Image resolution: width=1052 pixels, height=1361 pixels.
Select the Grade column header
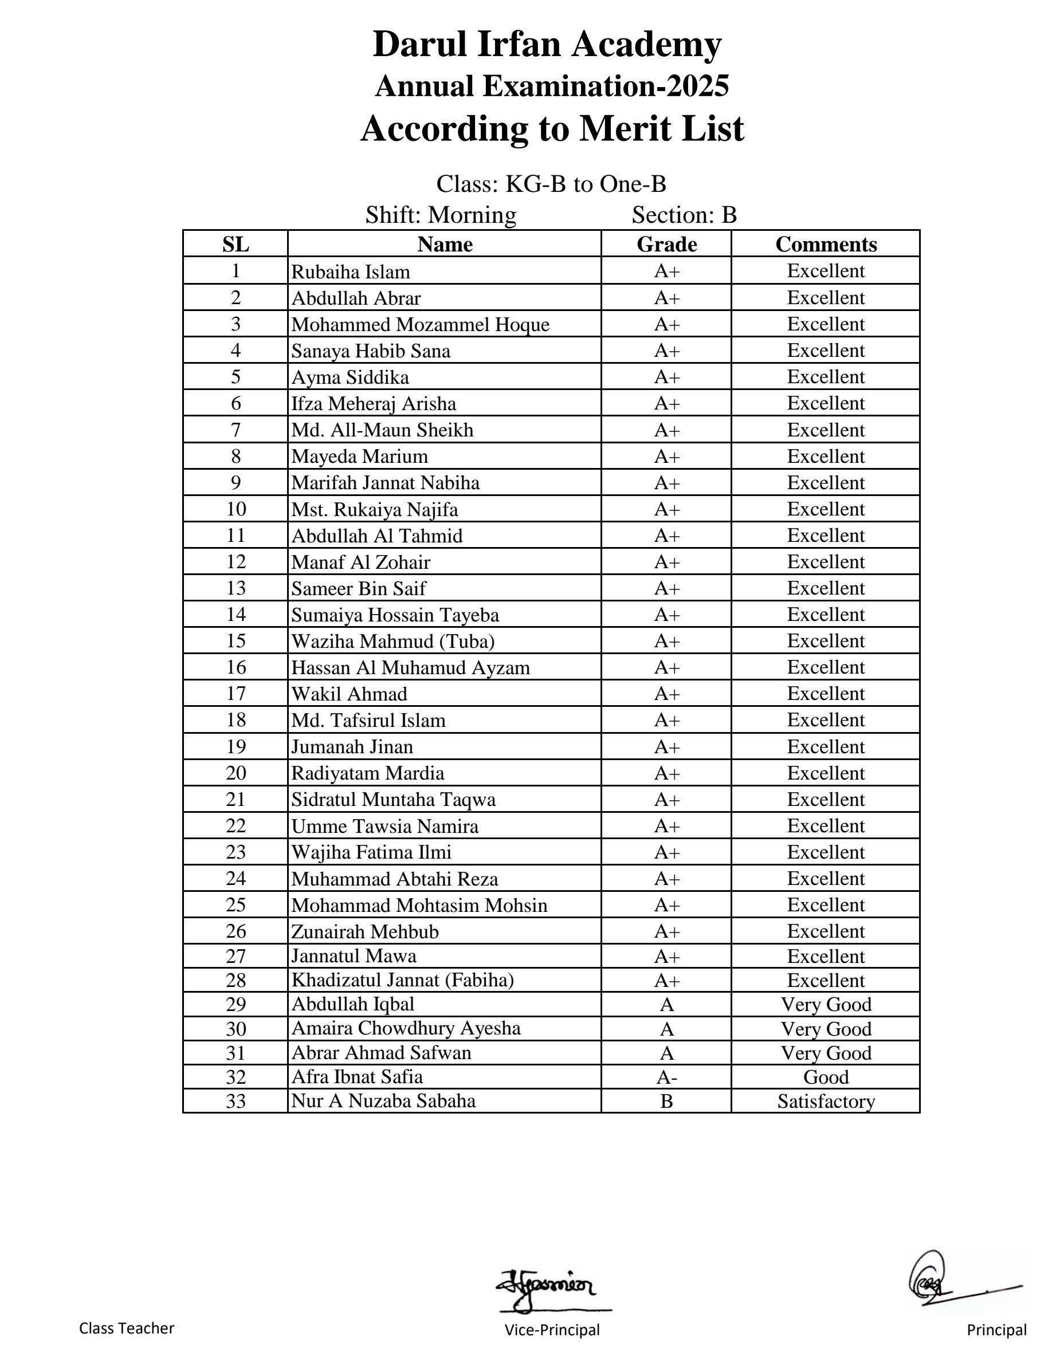[x=666, y=243]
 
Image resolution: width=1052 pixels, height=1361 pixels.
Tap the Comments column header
[x=826, y=243]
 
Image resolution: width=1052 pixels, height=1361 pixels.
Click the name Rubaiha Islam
[x=350, y=272]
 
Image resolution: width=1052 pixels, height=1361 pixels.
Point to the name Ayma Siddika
[x=350, y=377]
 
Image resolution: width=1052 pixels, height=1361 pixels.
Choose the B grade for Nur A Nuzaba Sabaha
[x=666, y=1102]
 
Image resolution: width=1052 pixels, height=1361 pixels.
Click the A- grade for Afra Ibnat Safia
[x=666, y=1077]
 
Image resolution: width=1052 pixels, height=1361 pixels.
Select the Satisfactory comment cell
[x=826, y=1102]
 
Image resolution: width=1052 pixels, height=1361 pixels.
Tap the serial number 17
[x=235, y=694]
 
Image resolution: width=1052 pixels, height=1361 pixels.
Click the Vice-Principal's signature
[x=547, y=1285]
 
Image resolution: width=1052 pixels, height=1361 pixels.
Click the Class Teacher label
[x=127, y=1328]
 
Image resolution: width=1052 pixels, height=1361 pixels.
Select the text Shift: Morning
[x=441, y=215]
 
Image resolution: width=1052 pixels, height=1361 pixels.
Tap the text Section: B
[x=684, y=215]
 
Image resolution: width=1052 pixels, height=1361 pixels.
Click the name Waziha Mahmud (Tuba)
[x=392, y=641]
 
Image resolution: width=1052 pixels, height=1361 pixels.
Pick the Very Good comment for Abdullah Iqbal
[x=826, y=1005]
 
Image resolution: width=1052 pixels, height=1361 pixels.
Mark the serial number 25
[x=235, y=905]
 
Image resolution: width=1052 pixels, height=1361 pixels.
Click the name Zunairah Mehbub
[x=364, y=931]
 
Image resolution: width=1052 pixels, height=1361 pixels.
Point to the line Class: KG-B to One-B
[x=551, y=184]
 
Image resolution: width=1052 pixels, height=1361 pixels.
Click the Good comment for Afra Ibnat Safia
[x=826, y=1077]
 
